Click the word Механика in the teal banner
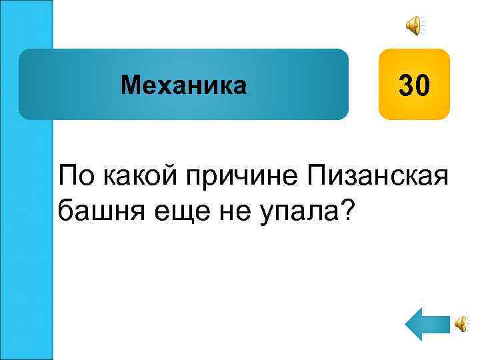pos(183,85)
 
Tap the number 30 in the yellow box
pos(415,85)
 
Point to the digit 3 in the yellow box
pos(405,85)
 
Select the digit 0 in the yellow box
pos(424,85)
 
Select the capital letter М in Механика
pos(129,85)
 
